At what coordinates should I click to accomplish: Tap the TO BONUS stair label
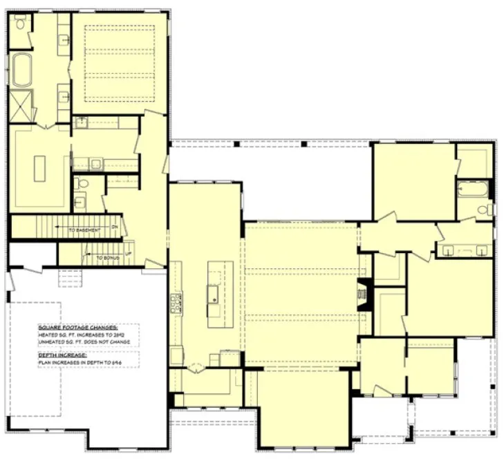107,257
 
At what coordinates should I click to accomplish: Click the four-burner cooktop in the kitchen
177,301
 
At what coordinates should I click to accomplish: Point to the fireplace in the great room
362,296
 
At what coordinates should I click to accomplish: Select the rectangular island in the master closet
40,168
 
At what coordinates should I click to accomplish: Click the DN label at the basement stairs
115,227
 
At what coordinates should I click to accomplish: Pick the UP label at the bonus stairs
128,253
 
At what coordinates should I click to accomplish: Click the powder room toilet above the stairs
82,184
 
